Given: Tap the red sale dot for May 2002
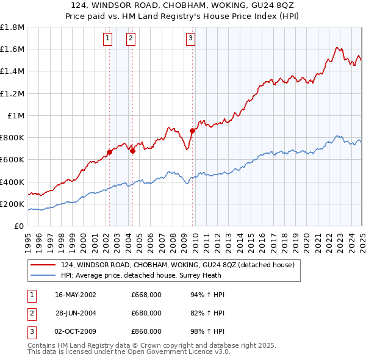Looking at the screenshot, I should (x=110, y=152).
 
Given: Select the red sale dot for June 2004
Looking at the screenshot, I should (x=133, y=151).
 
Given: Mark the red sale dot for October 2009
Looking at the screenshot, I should (x=192, y=131).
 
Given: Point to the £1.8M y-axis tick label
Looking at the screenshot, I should (x=12, y=27).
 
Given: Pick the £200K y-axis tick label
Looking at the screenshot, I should (x=12, y=204).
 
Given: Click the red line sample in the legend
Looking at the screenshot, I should (x=43, y=265).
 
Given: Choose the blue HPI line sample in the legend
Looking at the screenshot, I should (x=43, y=275).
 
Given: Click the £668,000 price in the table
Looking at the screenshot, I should (x=146, y=295).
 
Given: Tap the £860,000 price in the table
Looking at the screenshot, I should (x=146, y=331).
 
